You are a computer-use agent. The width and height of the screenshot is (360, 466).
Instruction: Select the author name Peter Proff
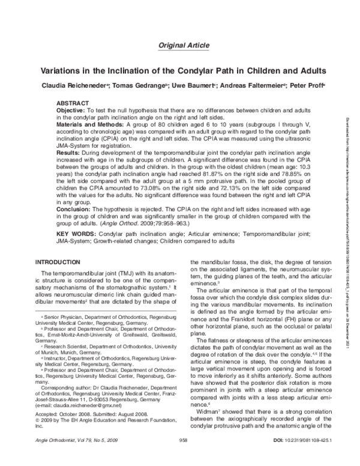point(307,85)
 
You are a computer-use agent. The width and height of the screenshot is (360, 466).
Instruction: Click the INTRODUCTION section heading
point(59,262)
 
